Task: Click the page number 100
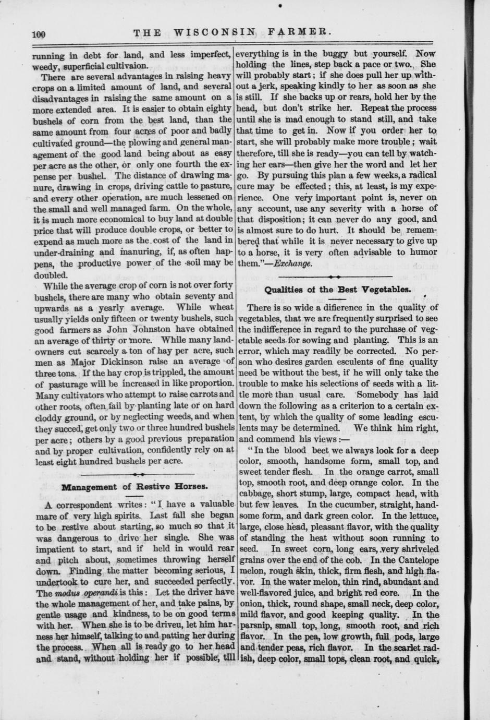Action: coord(39,34)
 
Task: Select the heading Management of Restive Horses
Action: coord(134,487)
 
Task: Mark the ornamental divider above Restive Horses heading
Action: coord(138,474)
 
